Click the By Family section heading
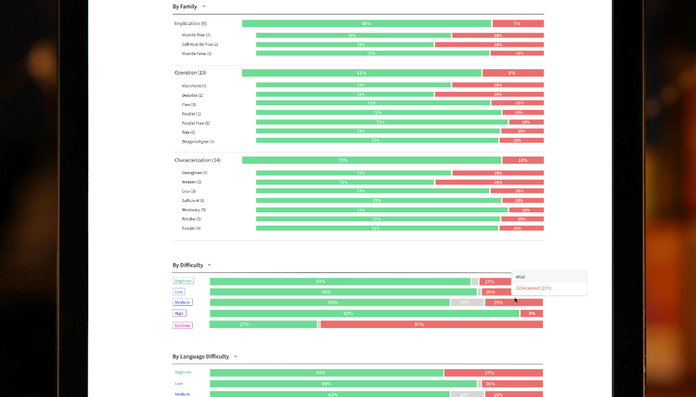[184, 6]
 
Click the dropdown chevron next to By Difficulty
[209, 265]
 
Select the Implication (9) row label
[190, 24]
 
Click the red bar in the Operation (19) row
[512, 73]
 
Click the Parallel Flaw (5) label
[196, 123]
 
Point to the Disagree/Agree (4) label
[198, 141]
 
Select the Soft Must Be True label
[200, 45]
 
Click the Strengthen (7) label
[194, 173]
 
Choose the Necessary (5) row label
[193, 210]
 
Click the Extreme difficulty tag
[182, 325]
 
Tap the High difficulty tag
[180, 313]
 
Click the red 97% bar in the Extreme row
[432, 325]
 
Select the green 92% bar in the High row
[364, 313]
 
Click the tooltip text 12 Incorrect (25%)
[534, 288]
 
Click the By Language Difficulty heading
[200, 357]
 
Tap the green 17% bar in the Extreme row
[263, 325]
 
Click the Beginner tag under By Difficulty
[183, 281]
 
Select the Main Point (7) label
[194, 86]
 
